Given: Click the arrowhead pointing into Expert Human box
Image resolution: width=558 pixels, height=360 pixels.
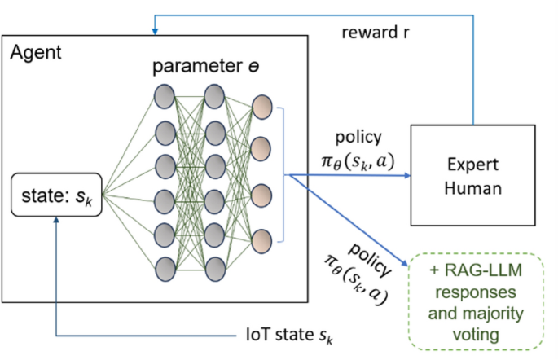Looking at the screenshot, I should click(404, 173).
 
